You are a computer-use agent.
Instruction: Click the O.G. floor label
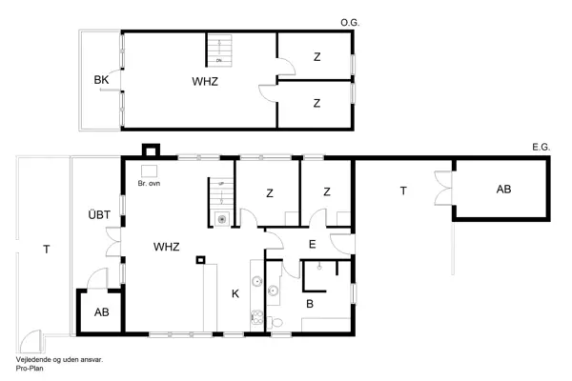(349, 21)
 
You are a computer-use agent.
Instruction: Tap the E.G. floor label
(541, 147)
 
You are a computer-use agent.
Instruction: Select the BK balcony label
(101, 80)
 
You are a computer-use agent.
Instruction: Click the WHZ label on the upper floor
(205, 81)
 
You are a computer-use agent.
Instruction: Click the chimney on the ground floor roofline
(150, 150)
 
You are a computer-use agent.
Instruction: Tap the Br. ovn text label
(149, 183)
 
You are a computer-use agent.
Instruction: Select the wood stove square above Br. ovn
(149, 170)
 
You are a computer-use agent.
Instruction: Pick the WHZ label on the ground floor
(167, 246)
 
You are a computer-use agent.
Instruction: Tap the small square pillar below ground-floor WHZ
(200, 260)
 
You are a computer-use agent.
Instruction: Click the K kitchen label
(235, 293)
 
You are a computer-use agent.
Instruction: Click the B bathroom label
(310, 304)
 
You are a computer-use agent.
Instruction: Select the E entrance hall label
(311, 245)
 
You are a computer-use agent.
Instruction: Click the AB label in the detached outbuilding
(503, 190)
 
